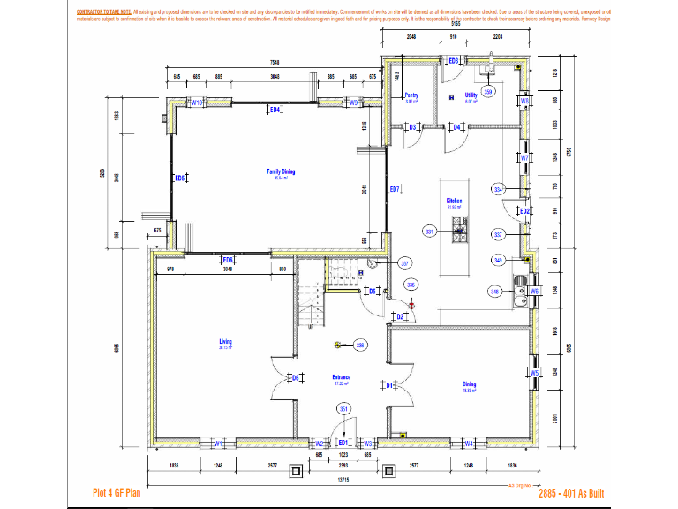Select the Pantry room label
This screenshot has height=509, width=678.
coord(411,95)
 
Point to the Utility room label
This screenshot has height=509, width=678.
coord(471,95)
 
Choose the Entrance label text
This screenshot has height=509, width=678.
coord(342,377)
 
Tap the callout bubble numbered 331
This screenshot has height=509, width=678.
coord(430,231)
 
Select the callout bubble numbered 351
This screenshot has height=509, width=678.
coord(344,408)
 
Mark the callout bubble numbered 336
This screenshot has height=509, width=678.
coord(360,344)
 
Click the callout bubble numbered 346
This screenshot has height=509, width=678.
coord(494,290)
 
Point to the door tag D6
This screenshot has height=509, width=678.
coord(296,377)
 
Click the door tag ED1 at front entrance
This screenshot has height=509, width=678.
coord(343,442)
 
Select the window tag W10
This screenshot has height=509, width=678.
coord(198,103)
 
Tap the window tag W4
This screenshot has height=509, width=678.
coord(470,443)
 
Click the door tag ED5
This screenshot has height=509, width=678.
coord(179,179)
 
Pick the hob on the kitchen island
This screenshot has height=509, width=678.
coord(459,233)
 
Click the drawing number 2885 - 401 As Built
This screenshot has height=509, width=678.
coord(571,493)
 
